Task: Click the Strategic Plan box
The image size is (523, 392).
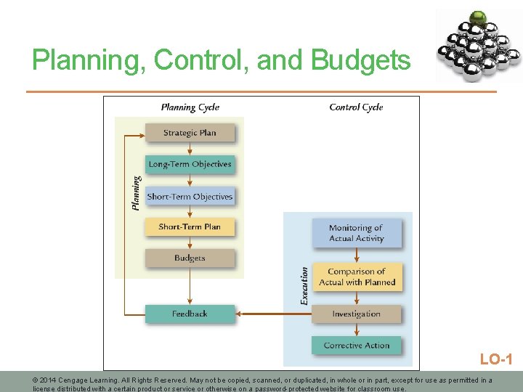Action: (x=190, y=133)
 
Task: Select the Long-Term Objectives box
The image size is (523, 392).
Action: (x=190, y=164)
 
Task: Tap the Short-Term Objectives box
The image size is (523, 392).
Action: (x=190, y=196)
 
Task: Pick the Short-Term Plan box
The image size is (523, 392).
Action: (x=190, y=226)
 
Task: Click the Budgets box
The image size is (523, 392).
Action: (x=190, y=258)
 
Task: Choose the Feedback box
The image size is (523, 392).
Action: (x=190, y=314)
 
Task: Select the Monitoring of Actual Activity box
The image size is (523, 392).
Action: (x=357, y=233)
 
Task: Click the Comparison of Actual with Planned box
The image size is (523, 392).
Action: (x=357, y=277)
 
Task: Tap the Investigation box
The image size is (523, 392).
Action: (x=357, y=314)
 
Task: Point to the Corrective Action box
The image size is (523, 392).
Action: (x=357, y=346)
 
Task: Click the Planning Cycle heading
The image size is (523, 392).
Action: (x=190, y=107)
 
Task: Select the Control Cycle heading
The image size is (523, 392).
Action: (x=356, y=107)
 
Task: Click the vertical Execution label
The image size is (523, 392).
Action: (x=304, y=285)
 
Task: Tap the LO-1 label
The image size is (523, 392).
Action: (x=496, y=359)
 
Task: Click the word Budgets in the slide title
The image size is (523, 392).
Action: (x=360, y=61)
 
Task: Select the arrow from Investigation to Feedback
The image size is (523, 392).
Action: (x=274, y=314)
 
